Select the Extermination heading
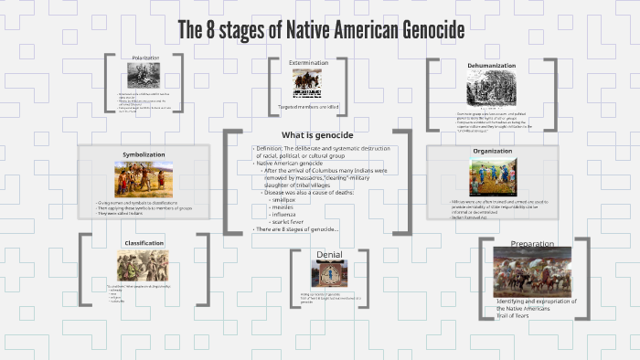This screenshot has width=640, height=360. click(307, 63)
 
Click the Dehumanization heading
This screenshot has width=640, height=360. click(491, 66)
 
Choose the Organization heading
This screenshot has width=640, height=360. click(492, 151)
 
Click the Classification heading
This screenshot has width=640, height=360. click(144, 243)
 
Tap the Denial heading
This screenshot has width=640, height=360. click(328, 253)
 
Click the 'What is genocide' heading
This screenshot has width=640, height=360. click(317, 135)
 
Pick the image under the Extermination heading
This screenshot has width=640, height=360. click(307, 83)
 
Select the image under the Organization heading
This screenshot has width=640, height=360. click(492, 176)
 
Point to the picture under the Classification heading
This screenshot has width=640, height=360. click(142, 265)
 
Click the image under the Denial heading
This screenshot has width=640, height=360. click(328, 273)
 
